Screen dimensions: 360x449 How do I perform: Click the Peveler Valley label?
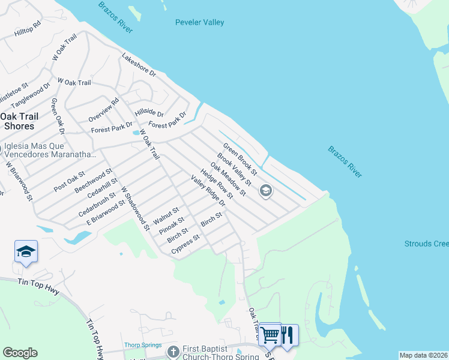click(x=199, y=23)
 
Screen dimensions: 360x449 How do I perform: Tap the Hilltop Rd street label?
click(x=28, y=29)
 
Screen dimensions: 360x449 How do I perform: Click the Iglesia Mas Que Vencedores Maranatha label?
click(x=50, y=150)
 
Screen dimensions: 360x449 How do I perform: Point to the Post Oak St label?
click(x=69, y=181)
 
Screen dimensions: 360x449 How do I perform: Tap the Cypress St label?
click(x=185, y=245)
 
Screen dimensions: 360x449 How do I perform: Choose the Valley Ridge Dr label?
click(x=208, y=191)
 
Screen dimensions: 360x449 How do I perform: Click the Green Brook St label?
click(x=240, y=159)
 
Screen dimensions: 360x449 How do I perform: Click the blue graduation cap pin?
click(x=26, y=251)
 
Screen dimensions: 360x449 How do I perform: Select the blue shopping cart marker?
click(x=271, y=334)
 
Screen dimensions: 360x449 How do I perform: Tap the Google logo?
click(x=20, y=353)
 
